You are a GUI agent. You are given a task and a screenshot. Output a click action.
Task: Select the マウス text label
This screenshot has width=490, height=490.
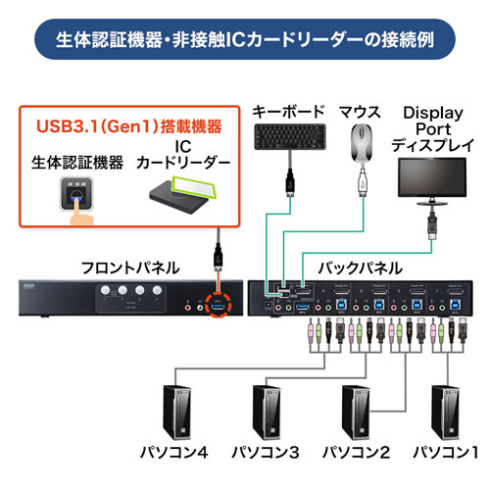[362, 110]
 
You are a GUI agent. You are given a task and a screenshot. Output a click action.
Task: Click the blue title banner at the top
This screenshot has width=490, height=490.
[245, 41]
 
